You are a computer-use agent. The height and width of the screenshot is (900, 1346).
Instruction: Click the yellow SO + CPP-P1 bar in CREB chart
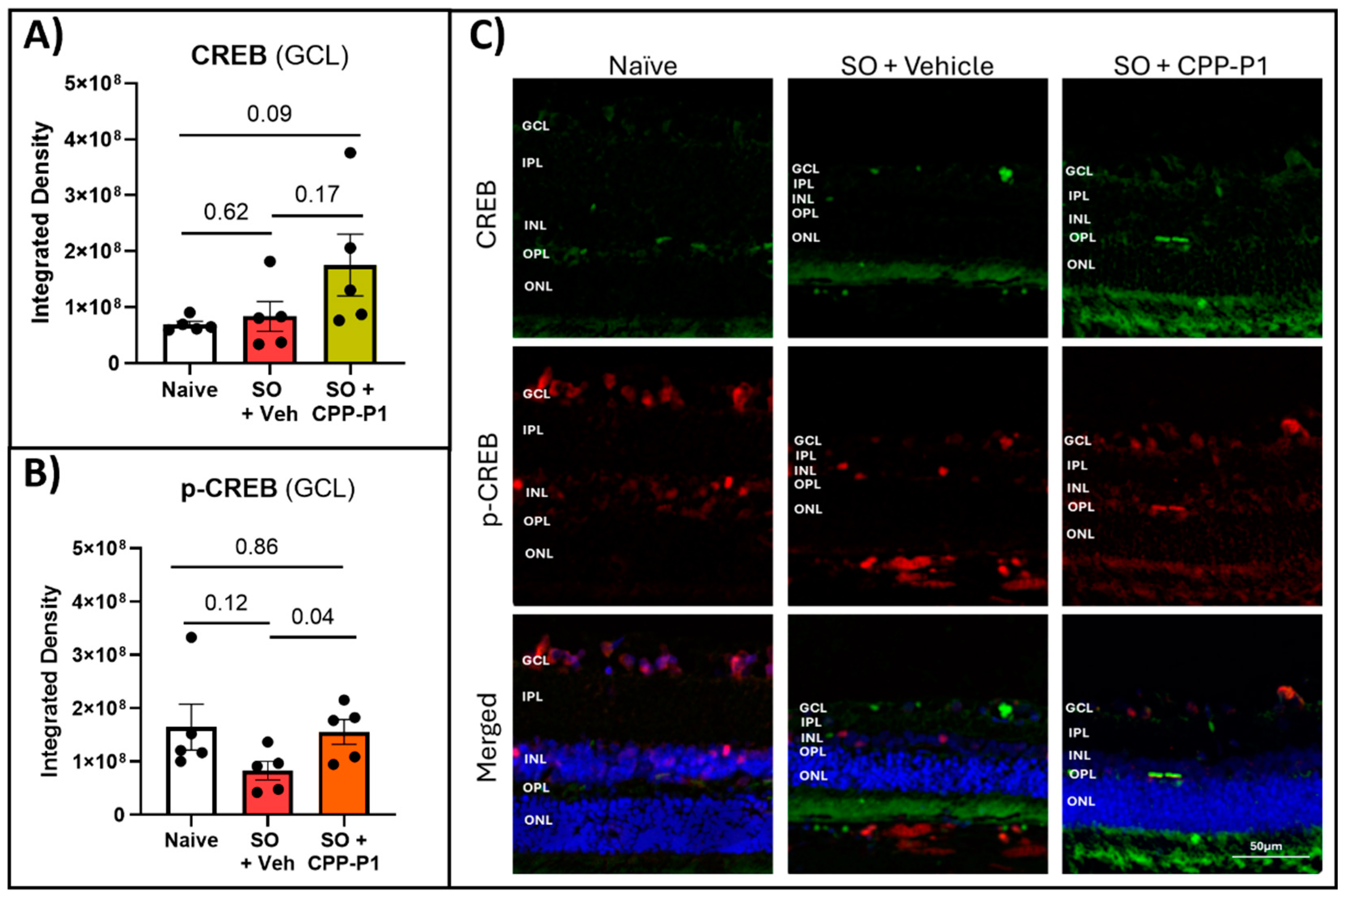[x=350, y=315]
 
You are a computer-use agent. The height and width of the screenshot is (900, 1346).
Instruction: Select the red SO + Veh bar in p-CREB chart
[x=268, y=792]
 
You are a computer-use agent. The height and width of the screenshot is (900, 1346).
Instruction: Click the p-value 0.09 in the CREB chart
[x=269, y=114]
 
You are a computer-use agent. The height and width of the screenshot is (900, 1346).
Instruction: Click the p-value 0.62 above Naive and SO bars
[x=226, y=212]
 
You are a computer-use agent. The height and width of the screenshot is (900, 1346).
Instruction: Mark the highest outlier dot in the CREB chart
[x=350, y=153]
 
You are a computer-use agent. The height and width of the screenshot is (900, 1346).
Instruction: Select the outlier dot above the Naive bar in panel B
[x=192, y=638]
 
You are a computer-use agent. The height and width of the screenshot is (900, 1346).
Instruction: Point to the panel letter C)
[x=487, y=36]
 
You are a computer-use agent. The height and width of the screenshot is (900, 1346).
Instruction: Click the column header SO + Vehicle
[x=917, y=66]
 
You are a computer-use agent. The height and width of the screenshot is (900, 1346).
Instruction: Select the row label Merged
[x=487, y=737]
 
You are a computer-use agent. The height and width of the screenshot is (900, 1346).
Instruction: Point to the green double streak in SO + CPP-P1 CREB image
[x=1171, y=239]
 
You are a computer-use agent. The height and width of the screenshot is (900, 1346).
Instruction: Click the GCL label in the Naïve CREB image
[x=535, y=126]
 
